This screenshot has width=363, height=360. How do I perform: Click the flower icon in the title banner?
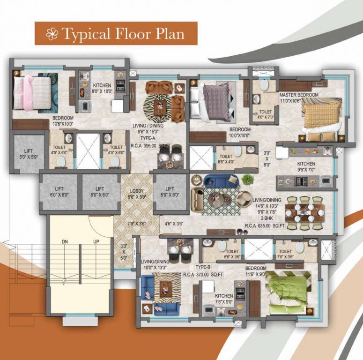pos(52,33)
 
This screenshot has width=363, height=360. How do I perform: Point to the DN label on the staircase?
pos(66,242)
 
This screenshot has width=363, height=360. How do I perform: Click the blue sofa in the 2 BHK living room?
pos(215,181)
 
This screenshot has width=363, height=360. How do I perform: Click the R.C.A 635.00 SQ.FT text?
pos(266,226)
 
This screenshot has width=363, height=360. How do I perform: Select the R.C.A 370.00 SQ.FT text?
pos(203,274)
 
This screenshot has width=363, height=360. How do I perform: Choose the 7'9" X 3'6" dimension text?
pos(137,224)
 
